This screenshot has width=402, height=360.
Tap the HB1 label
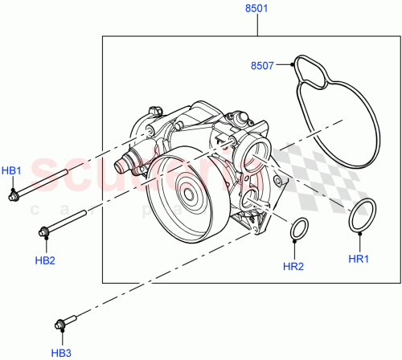pyautogui.click(x=11, y=170)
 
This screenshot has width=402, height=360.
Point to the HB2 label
pyautogui.click(x=45, y=260)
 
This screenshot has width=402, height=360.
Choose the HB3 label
pyautogui.click(x=62, y=351)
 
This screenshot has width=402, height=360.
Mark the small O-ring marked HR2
pyautogui.click(x=299, y=229)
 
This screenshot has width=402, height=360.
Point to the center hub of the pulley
pyautogui.click(x=189, y=193)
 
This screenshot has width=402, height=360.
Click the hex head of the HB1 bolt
pyautogui.click(x=14, y=195)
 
